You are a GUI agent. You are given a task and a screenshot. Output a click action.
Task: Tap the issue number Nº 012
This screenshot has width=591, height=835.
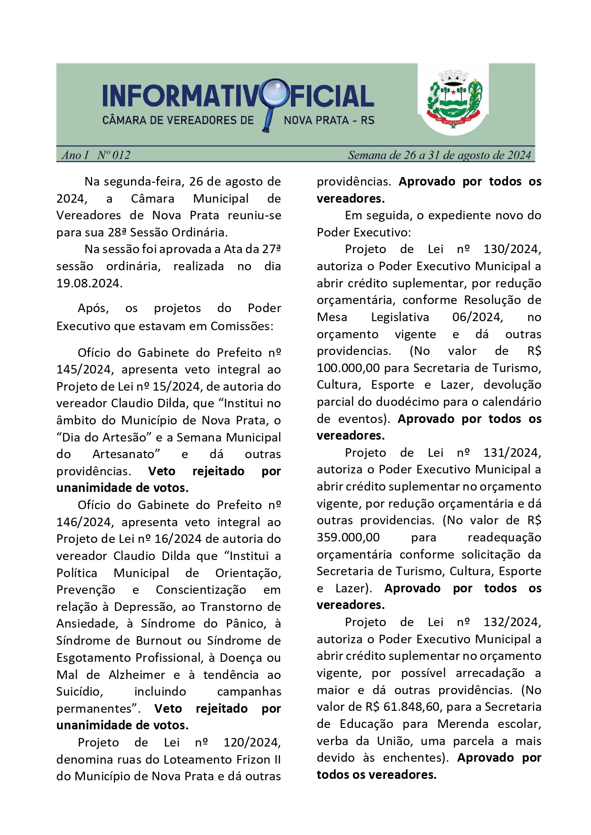(x=114, y=155)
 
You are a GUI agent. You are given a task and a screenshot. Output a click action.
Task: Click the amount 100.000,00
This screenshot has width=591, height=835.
(x=348, y=368)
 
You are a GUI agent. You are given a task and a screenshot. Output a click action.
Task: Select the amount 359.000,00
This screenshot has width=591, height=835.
(x=348, y=538)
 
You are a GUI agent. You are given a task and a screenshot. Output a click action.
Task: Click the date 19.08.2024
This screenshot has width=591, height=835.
(x=89, y=284)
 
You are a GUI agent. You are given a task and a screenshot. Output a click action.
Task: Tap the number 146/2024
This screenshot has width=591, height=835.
(x=84, y=522)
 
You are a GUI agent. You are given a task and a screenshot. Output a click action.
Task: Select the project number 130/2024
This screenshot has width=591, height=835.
(x=512, y=249)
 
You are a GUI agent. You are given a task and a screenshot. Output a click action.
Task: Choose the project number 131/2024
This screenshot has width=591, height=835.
(x=512, y=453)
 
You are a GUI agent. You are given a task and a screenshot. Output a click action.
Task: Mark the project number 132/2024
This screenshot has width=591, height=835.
(x=512, y=622)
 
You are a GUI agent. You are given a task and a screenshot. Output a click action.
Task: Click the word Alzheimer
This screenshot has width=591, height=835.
(x=137, y=675)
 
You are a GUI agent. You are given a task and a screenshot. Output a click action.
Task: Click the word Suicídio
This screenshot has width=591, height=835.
(x=80, y=692)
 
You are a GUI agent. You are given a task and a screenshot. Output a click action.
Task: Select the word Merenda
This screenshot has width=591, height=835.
(x=464, y=724)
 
